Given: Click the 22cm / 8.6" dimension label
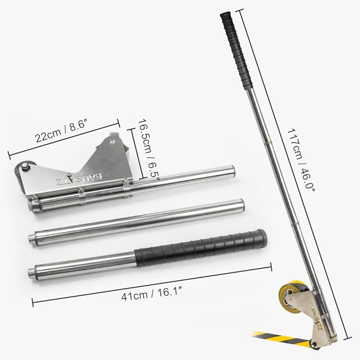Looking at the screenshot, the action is point(62,131).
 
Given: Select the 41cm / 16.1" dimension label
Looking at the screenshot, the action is point(152,294).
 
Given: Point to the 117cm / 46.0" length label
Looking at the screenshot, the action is point(301,160).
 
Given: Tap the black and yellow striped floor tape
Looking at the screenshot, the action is point(283,338).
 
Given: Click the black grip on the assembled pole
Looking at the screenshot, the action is point(237,50).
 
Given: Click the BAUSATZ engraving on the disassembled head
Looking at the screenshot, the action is point(78,180).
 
